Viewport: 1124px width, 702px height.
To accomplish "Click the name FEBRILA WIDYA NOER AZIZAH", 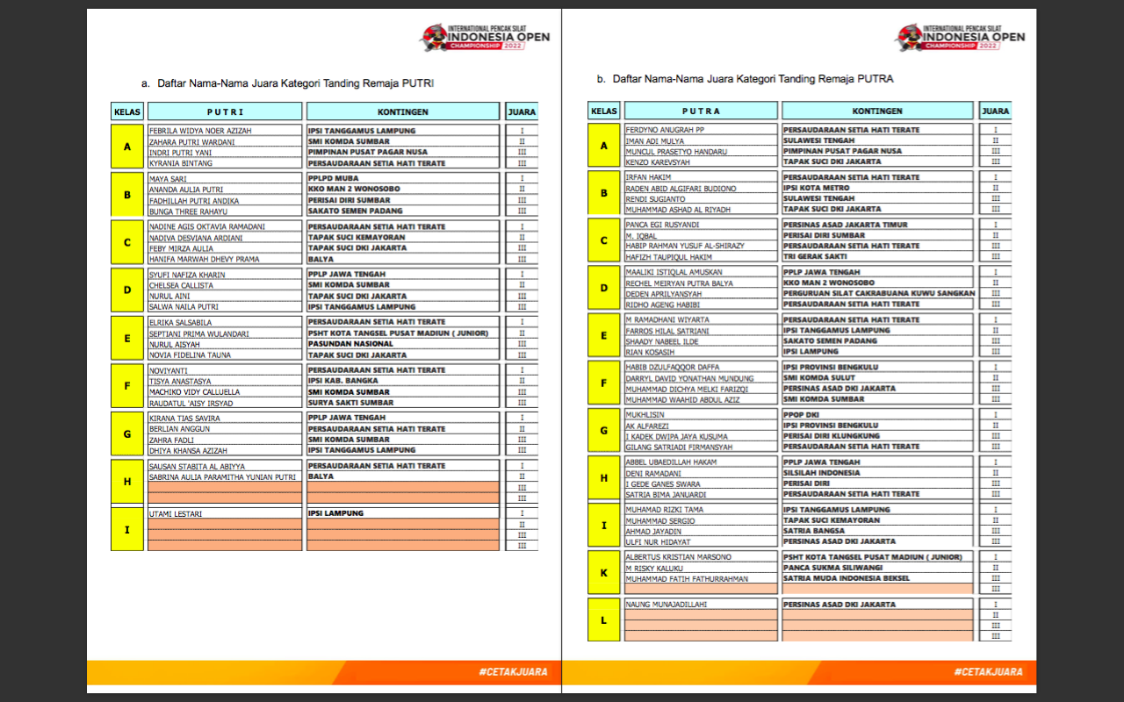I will click(x=200, y=131).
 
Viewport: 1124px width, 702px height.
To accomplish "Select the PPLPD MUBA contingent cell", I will click(x=334, y=178).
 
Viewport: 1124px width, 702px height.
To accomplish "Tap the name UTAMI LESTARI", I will click(x=176, y=513).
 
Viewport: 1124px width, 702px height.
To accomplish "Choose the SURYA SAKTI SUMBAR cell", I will click(x=350, y=403).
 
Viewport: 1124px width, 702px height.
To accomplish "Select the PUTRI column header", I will click(x=226, y=112).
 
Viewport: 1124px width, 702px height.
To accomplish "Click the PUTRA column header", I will click(x=701, y=111).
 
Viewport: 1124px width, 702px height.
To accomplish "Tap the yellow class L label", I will click(x=603, y=620).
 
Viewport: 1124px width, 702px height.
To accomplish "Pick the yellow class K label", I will click(x=603, y=573).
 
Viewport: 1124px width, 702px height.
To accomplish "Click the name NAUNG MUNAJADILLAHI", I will click(x=666, y=605).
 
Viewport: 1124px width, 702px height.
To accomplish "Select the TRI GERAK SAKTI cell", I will click(x=815, y=256).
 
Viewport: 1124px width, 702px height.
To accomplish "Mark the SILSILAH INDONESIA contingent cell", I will click(x=822, y=473).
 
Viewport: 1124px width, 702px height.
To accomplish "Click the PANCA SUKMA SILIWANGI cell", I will click(x=832, y=568).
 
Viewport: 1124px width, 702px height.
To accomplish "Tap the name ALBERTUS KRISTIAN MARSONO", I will click(x=678, y=557).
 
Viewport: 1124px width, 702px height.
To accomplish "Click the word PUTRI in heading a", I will click(x=418, y=83).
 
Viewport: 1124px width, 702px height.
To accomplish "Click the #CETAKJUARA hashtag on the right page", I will click(x=988, y=672).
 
